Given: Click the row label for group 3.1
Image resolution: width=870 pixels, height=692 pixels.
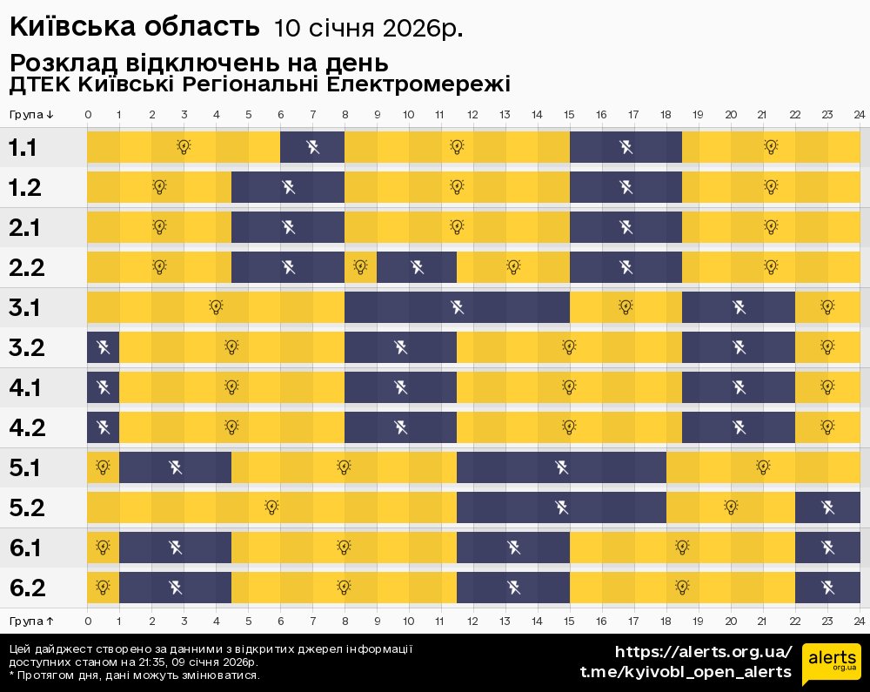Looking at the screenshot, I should pos(26,307).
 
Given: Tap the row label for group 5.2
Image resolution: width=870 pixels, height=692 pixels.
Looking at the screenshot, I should pos(26,507).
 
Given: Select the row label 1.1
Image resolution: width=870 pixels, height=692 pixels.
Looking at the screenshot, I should pos(23,147).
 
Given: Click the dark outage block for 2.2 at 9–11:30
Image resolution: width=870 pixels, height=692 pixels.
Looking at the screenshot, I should pos(416,267).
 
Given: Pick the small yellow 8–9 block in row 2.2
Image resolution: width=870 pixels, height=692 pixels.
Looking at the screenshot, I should pos(360,267).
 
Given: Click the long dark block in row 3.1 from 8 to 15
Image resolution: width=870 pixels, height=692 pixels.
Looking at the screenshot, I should pos(457,307).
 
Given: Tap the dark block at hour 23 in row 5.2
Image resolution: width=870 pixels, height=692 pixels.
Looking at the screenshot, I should pos(827,507).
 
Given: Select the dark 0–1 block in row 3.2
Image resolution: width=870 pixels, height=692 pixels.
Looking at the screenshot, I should pos(103,347).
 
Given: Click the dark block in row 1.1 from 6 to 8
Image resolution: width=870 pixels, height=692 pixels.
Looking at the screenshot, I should pos(311,147).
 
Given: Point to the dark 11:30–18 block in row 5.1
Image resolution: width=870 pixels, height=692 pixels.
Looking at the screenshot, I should pos(561,467).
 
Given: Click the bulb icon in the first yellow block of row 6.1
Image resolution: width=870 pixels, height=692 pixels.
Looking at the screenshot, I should pos(103,548).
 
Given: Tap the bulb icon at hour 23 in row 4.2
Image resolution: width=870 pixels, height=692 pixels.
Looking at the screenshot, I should pos(827,427).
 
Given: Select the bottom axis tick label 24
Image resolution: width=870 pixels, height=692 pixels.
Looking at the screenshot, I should pos(859,621).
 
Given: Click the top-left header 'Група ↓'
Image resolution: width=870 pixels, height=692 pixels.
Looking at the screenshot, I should pos(32,115).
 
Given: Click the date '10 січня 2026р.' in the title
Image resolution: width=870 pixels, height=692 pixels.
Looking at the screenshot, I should pos(368,29).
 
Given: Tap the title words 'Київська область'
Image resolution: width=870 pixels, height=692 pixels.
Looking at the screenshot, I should pos(135,27).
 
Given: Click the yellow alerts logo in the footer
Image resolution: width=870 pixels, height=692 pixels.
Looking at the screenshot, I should pos(831,665).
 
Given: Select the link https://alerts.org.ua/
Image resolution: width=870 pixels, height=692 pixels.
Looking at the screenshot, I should pos(703,652).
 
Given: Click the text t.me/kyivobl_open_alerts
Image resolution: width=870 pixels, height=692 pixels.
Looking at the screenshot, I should pos(686,672).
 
